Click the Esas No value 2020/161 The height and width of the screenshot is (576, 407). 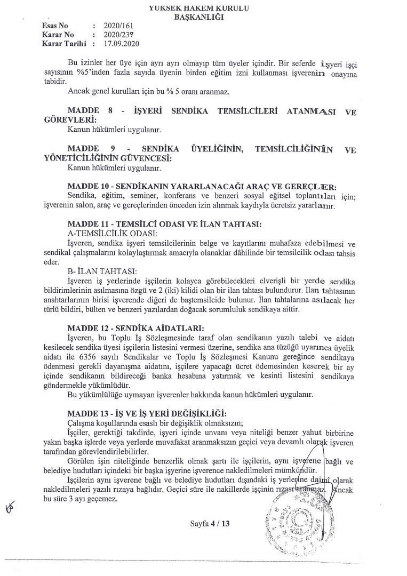(121, 26)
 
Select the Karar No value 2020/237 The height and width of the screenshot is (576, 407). (121, 35)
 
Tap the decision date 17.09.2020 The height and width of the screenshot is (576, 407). (122, 44)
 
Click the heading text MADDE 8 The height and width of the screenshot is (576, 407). (88, 111)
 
